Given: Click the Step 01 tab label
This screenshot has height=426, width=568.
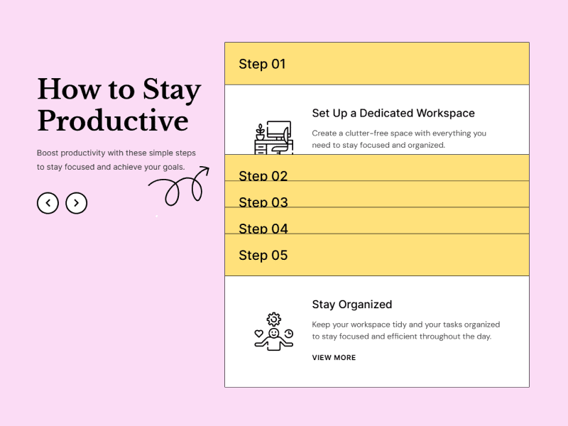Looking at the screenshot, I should coord(262,64).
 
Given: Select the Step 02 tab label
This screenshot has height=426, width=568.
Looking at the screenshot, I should coord(263,175).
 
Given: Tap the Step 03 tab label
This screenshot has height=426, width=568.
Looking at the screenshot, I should coord(263,202).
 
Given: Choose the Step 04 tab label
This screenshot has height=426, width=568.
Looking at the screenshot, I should coord(263,229).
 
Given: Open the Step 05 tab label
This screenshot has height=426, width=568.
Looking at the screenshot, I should coord(263,255).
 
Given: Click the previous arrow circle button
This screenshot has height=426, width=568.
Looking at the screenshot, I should coord(48,203).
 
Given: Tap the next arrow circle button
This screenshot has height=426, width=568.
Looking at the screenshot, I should coord(76,203).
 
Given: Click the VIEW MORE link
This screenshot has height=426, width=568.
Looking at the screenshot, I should coord(334,358).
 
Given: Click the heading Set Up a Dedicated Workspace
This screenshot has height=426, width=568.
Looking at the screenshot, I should coord(393,113).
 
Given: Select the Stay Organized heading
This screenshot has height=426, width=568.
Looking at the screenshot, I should coord(351,305).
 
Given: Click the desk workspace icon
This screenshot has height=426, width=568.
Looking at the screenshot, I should coord(273,138).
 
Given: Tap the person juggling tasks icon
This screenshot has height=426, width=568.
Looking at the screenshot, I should coord(273,334).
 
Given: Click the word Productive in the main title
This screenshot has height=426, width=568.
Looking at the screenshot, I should coord(112,121).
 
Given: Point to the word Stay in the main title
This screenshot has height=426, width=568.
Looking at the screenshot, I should coord(172,89).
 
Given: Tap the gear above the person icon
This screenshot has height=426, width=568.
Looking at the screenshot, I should coord(274,319).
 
